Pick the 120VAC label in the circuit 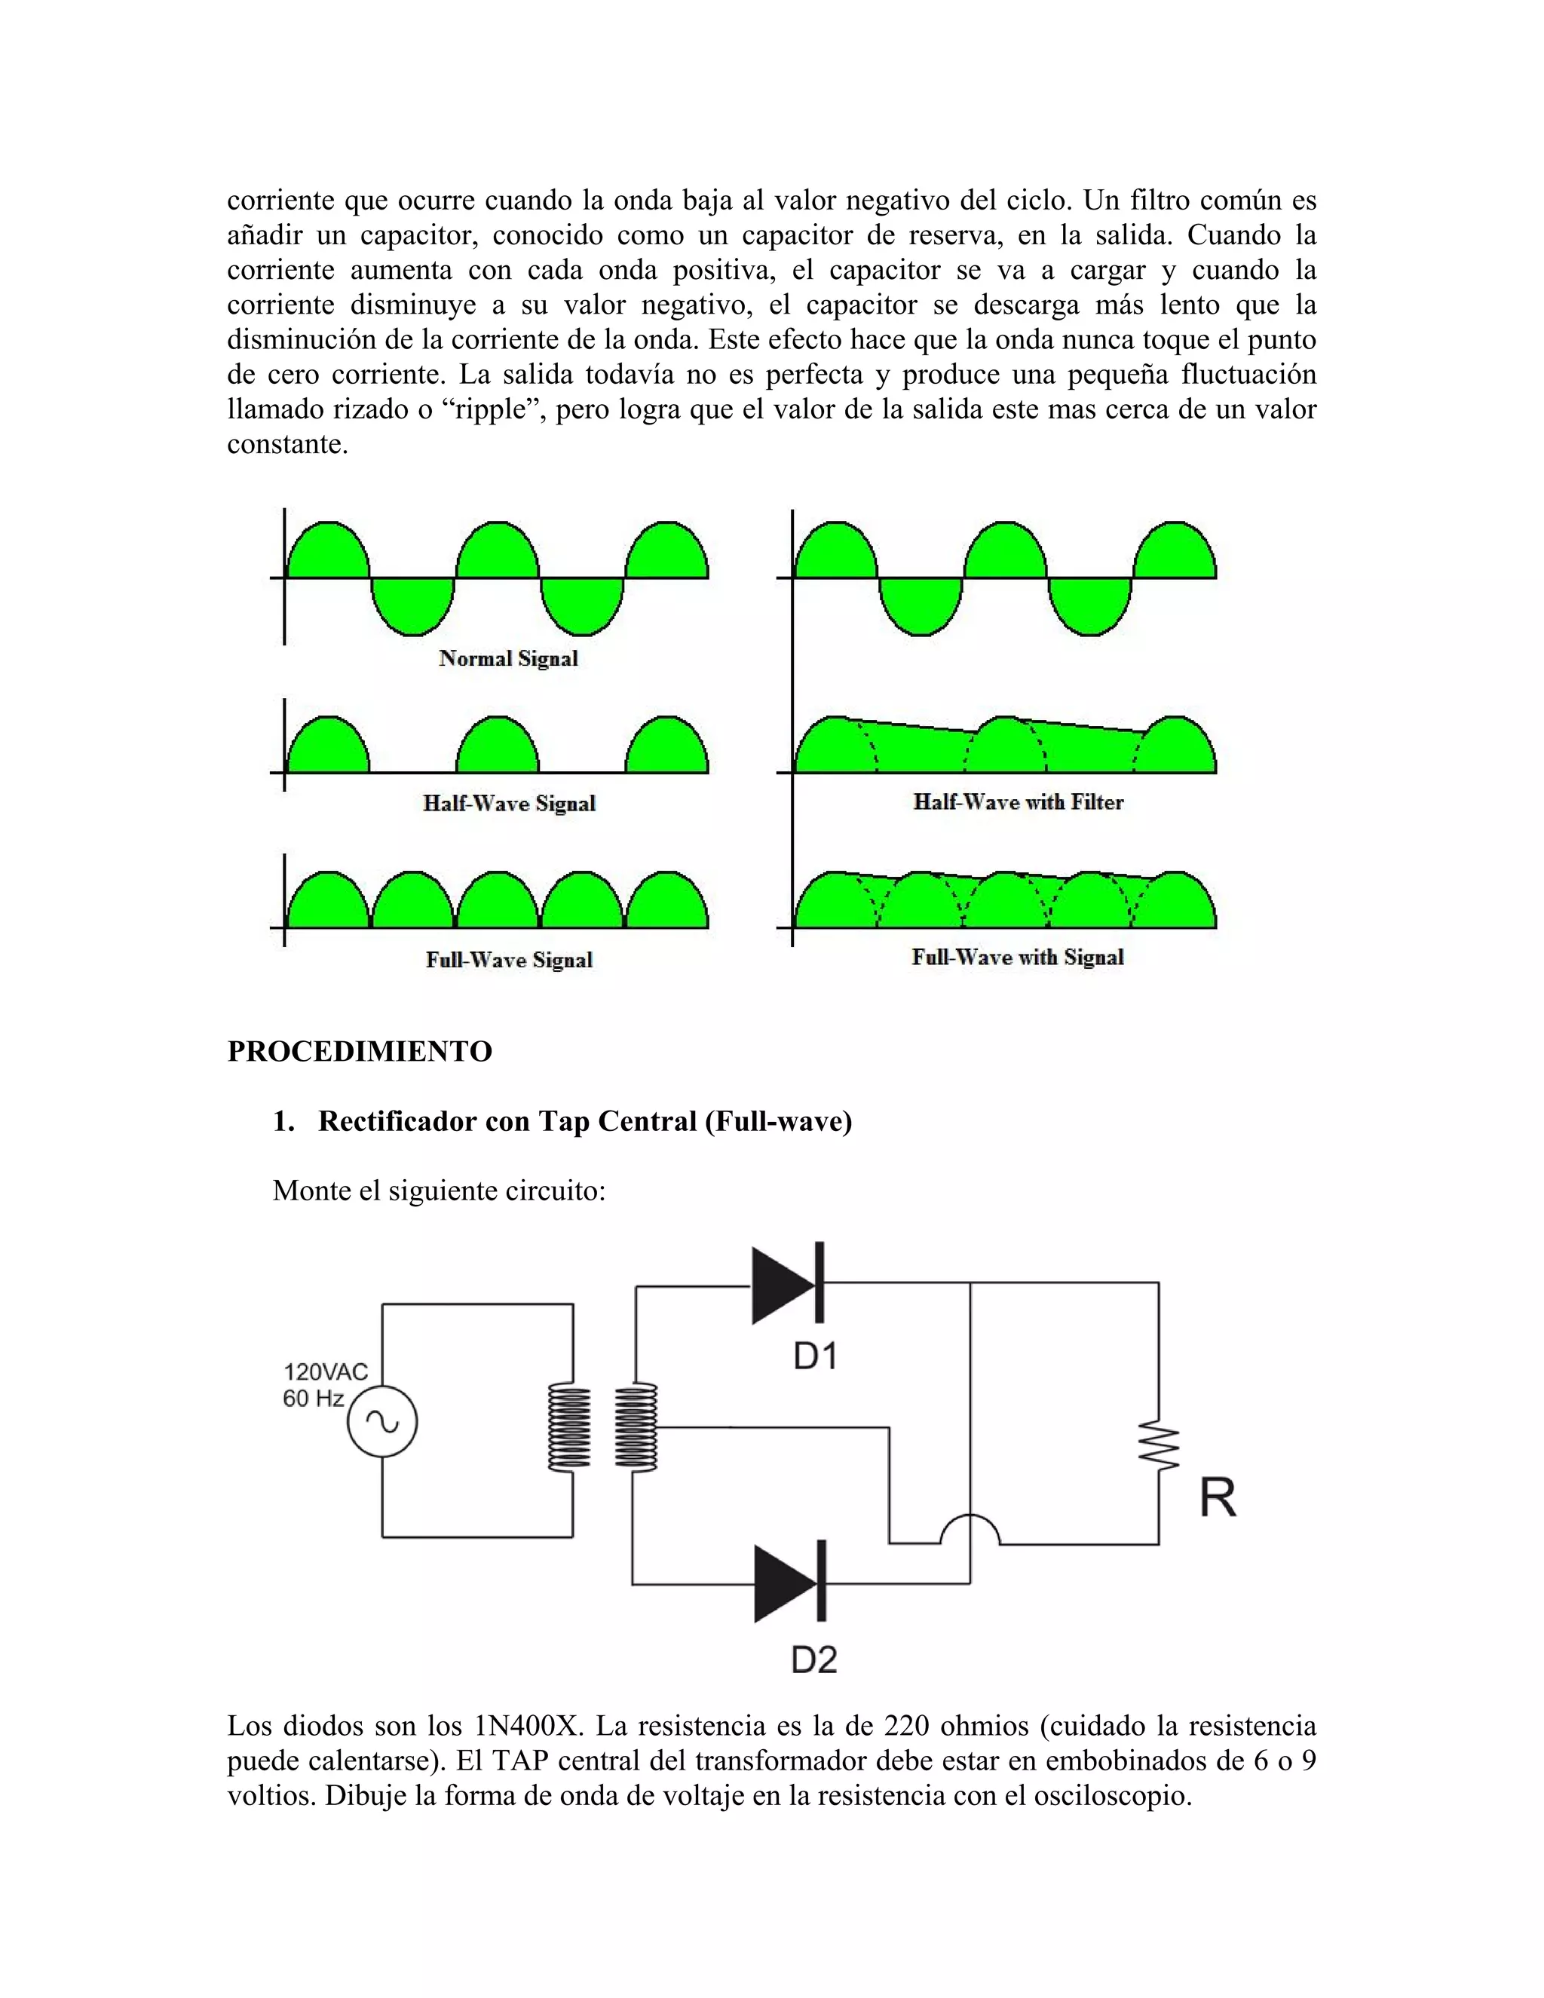click(x=326, y=1371)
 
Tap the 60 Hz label click(x=314, y=1398)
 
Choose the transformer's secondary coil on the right click(x=636, y=1428)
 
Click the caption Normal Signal click(x=509, y=659)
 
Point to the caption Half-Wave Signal click(x=510, y=803)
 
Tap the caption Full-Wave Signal click(x=510, y=960)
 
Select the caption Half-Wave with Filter click(x=1018, y=802)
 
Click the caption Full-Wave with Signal click(x=1017, y=958)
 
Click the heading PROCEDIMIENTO click(x=360, y=1051)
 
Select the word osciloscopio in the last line click(x=1112, y=1796)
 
